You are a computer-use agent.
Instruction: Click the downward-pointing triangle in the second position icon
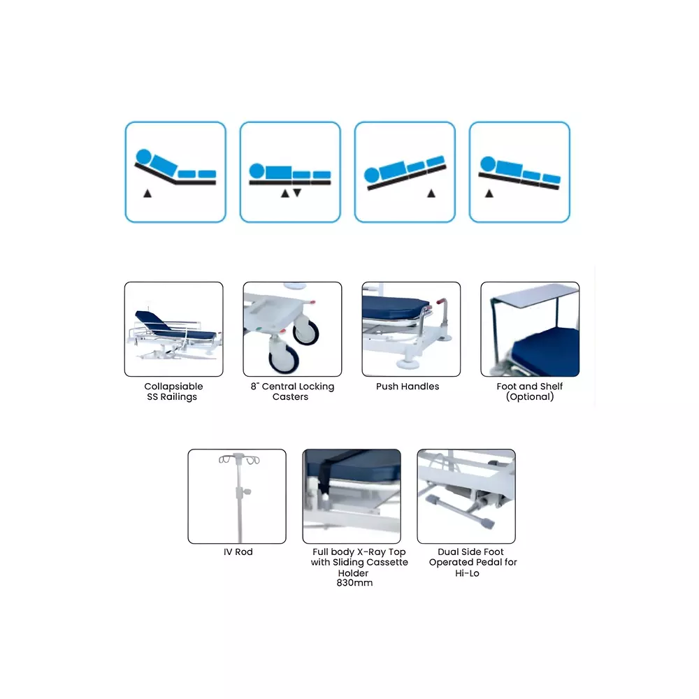[297, 193]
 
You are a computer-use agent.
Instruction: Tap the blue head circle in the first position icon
[143, 157]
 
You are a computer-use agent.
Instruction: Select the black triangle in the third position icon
[431, 193]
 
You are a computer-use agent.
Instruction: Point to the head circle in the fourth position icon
[487, 165]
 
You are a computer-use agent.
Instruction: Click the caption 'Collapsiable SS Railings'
[173, 391]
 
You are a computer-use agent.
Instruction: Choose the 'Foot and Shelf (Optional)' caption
[529, 391]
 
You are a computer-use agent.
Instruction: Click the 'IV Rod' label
[238, 552]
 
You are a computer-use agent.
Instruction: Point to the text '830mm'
[354, 583]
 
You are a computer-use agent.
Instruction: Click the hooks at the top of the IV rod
[237, 459]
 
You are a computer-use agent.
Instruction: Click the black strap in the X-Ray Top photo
[324, 476]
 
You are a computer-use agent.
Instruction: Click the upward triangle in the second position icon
[284, 193]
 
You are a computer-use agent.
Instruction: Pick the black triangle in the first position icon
[147, 193]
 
